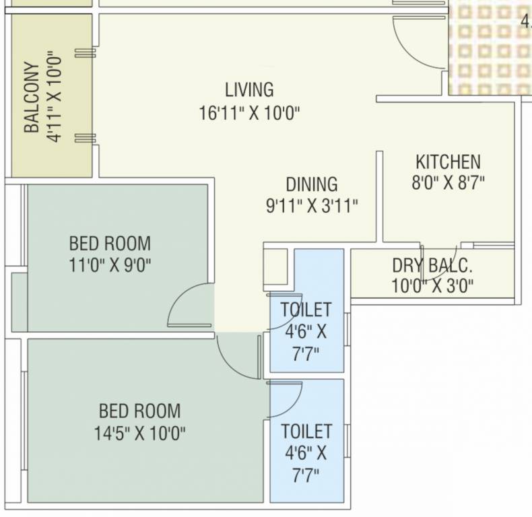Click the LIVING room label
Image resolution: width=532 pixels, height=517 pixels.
(x=249, y=90)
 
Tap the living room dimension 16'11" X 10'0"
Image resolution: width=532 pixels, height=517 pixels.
(x=249, y=112)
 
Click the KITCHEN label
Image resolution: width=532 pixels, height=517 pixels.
(x=448, y=162)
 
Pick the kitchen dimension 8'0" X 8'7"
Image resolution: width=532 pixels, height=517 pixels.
(x=448, y=182)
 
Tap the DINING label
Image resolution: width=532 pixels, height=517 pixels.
(x=311, y=184)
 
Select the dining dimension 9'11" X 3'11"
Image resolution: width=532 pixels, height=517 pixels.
(x=311, y=205)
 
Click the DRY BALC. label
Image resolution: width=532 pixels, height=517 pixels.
(x=432, y=265)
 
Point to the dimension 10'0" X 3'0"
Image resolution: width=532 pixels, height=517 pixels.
(x=432, y=286)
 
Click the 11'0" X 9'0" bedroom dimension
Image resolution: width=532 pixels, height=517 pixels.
(x=110, y=265)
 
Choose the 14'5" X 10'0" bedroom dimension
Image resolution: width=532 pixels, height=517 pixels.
(x=140, y=432)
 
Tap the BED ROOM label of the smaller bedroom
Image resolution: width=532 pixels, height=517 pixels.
(x=110, y=242)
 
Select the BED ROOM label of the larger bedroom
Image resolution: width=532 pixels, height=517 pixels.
(x=140, y=410)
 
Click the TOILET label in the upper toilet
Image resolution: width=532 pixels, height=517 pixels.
(x=306, y=310)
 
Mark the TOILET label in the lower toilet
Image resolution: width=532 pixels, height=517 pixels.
(x=306, y=431)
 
